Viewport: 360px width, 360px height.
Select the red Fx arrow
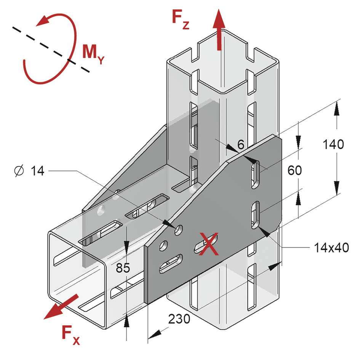[61, 307]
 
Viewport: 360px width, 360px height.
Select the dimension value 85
[123, 268]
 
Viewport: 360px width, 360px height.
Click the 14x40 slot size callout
[331, 248]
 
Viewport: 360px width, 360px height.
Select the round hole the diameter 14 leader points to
[178, 230]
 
